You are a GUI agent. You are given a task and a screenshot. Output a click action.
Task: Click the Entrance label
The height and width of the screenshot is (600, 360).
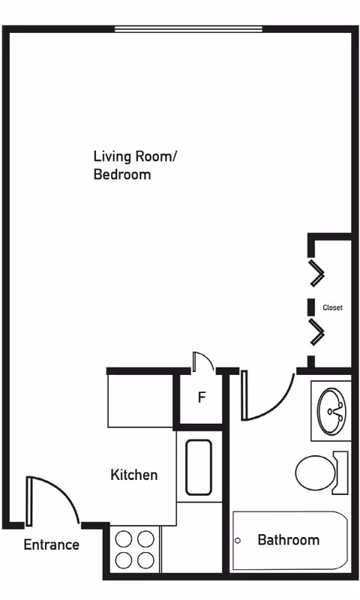coord(51,544)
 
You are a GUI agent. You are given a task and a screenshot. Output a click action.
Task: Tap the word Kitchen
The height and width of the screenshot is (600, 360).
coord(134,475)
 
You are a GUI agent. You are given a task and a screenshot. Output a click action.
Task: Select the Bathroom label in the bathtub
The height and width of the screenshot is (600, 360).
coord(289,540)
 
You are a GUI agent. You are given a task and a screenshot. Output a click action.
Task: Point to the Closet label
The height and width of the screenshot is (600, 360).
coord(332,307)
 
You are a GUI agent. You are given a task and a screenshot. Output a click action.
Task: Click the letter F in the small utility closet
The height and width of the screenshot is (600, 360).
coord(202,397)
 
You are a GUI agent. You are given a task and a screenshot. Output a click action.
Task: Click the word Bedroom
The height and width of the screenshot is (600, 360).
coord(122,175)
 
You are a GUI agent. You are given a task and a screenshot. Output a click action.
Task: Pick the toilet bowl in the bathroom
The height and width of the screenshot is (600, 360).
coord(316,472)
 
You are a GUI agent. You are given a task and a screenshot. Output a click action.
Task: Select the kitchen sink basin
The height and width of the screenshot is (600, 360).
coord(199,467)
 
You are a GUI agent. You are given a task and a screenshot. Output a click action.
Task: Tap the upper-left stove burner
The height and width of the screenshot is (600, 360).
coord(124,539)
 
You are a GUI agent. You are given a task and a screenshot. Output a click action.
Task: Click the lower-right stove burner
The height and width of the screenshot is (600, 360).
coord(145,560)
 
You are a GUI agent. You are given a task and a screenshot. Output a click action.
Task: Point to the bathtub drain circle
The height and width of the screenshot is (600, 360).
coord(238,541)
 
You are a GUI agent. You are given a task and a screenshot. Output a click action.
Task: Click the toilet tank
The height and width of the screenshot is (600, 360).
coord(341,472)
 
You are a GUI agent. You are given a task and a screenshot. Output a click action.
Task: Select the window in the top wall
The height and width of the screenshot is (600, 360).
coord(188,29)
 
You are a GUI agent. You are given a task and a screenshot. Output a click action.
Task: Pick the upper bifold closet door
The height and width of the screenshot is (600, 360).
coord(316,273)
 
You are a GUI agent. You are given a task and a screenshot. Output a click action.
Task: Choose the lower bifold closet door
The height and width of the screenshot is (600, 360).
coord(316,331)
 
